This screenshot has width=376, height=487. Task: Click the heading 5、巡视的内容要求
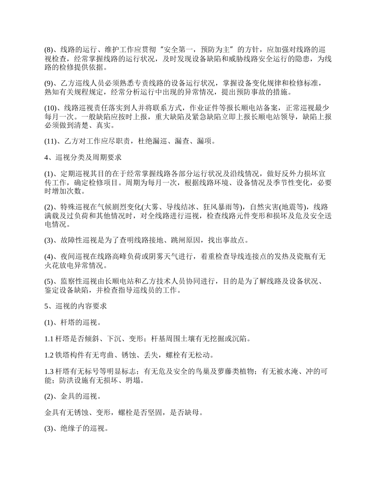(x=75, y=306)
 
